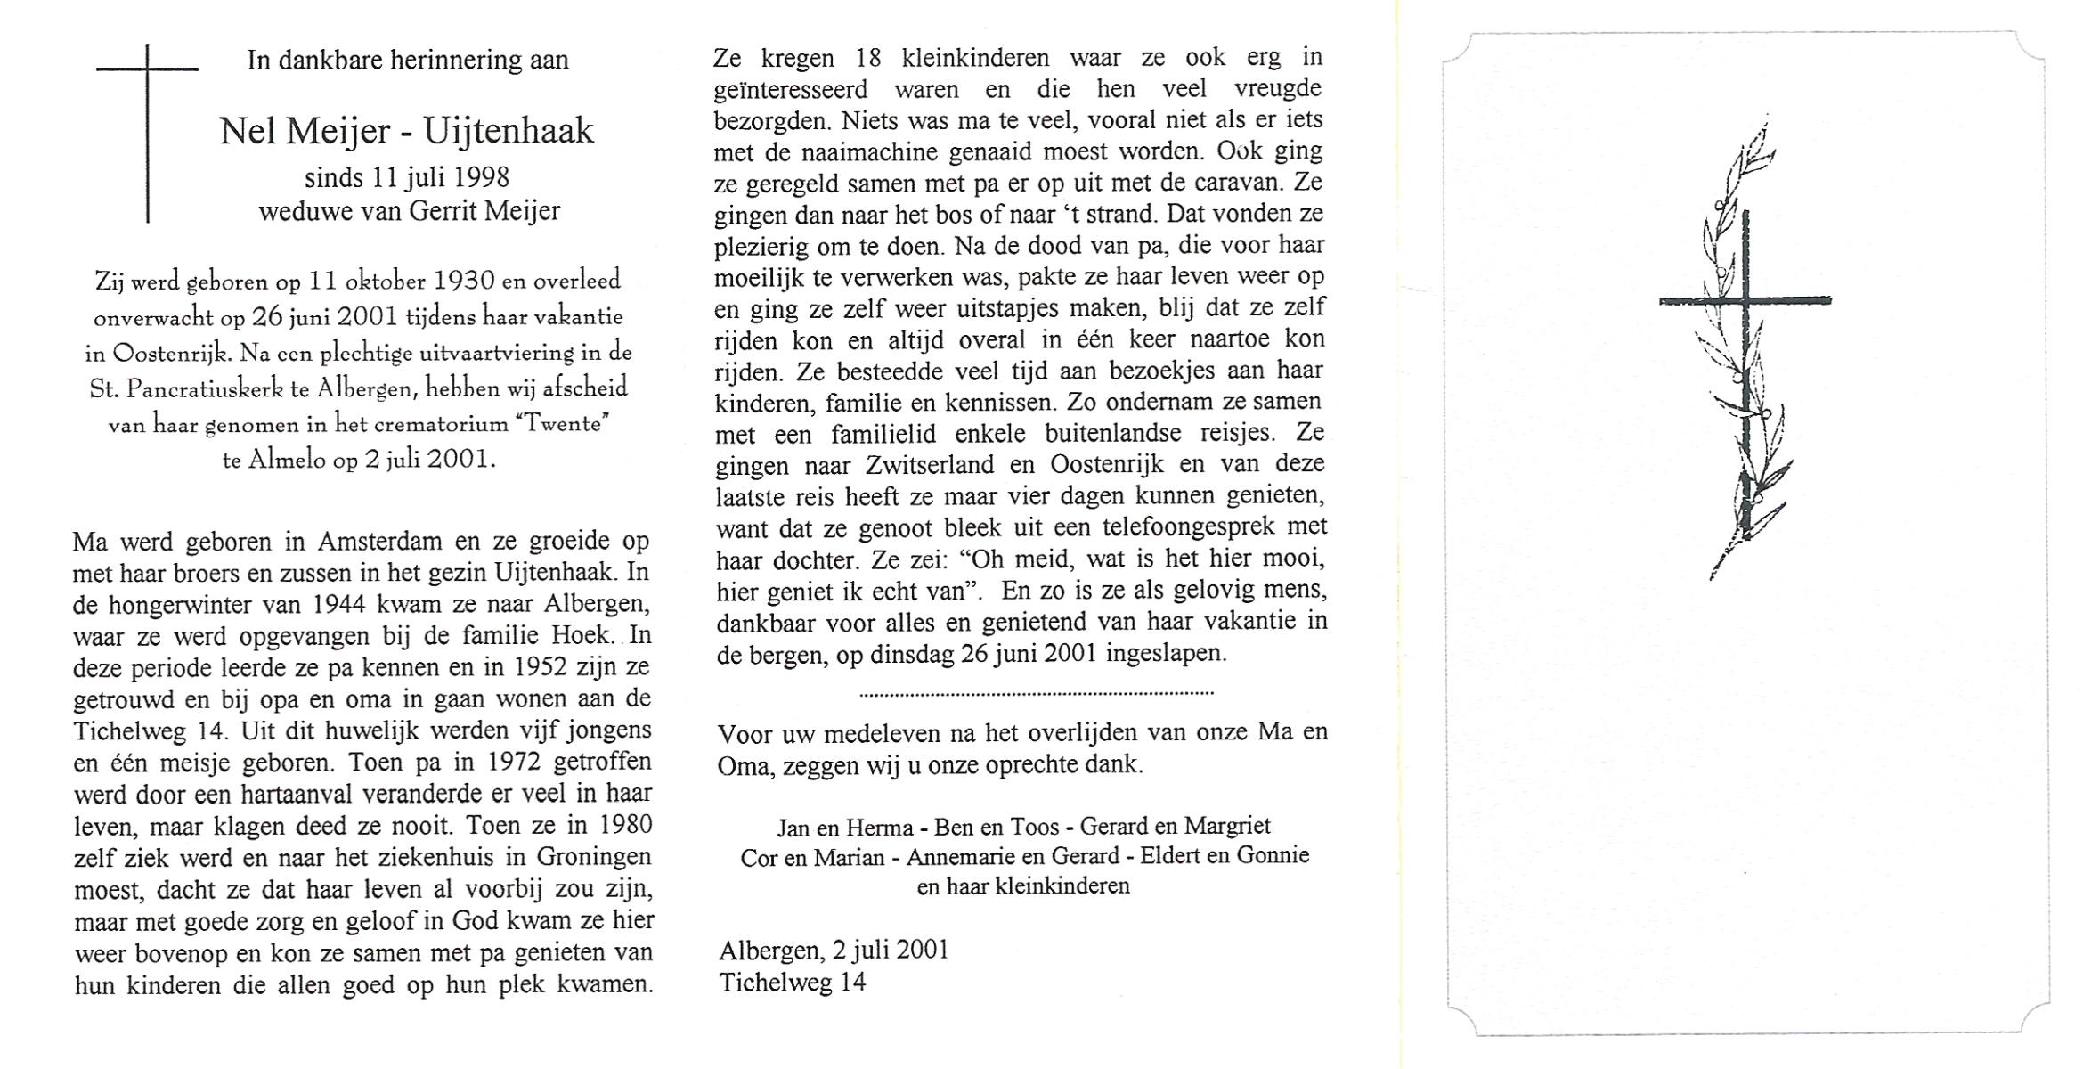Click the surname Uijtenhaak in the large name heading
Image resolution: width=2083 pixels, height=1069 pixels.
point(508,132)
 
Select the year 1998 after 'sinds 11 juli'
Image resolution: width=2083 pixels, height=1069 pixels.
point(481,177)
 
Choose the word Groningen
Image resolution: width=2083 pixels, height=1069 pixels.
point(594,857)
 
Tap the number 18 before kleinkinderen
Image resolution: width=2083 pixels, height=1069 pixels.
point(867,58)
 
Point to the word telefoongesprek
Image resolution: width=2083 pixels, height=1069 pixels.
point(1191,527)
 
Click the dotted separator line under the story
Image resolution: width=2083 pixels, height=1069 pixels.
point(1036,692)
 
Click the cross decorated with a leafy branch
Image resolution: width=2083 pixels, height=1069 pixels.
point(1744,356)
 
